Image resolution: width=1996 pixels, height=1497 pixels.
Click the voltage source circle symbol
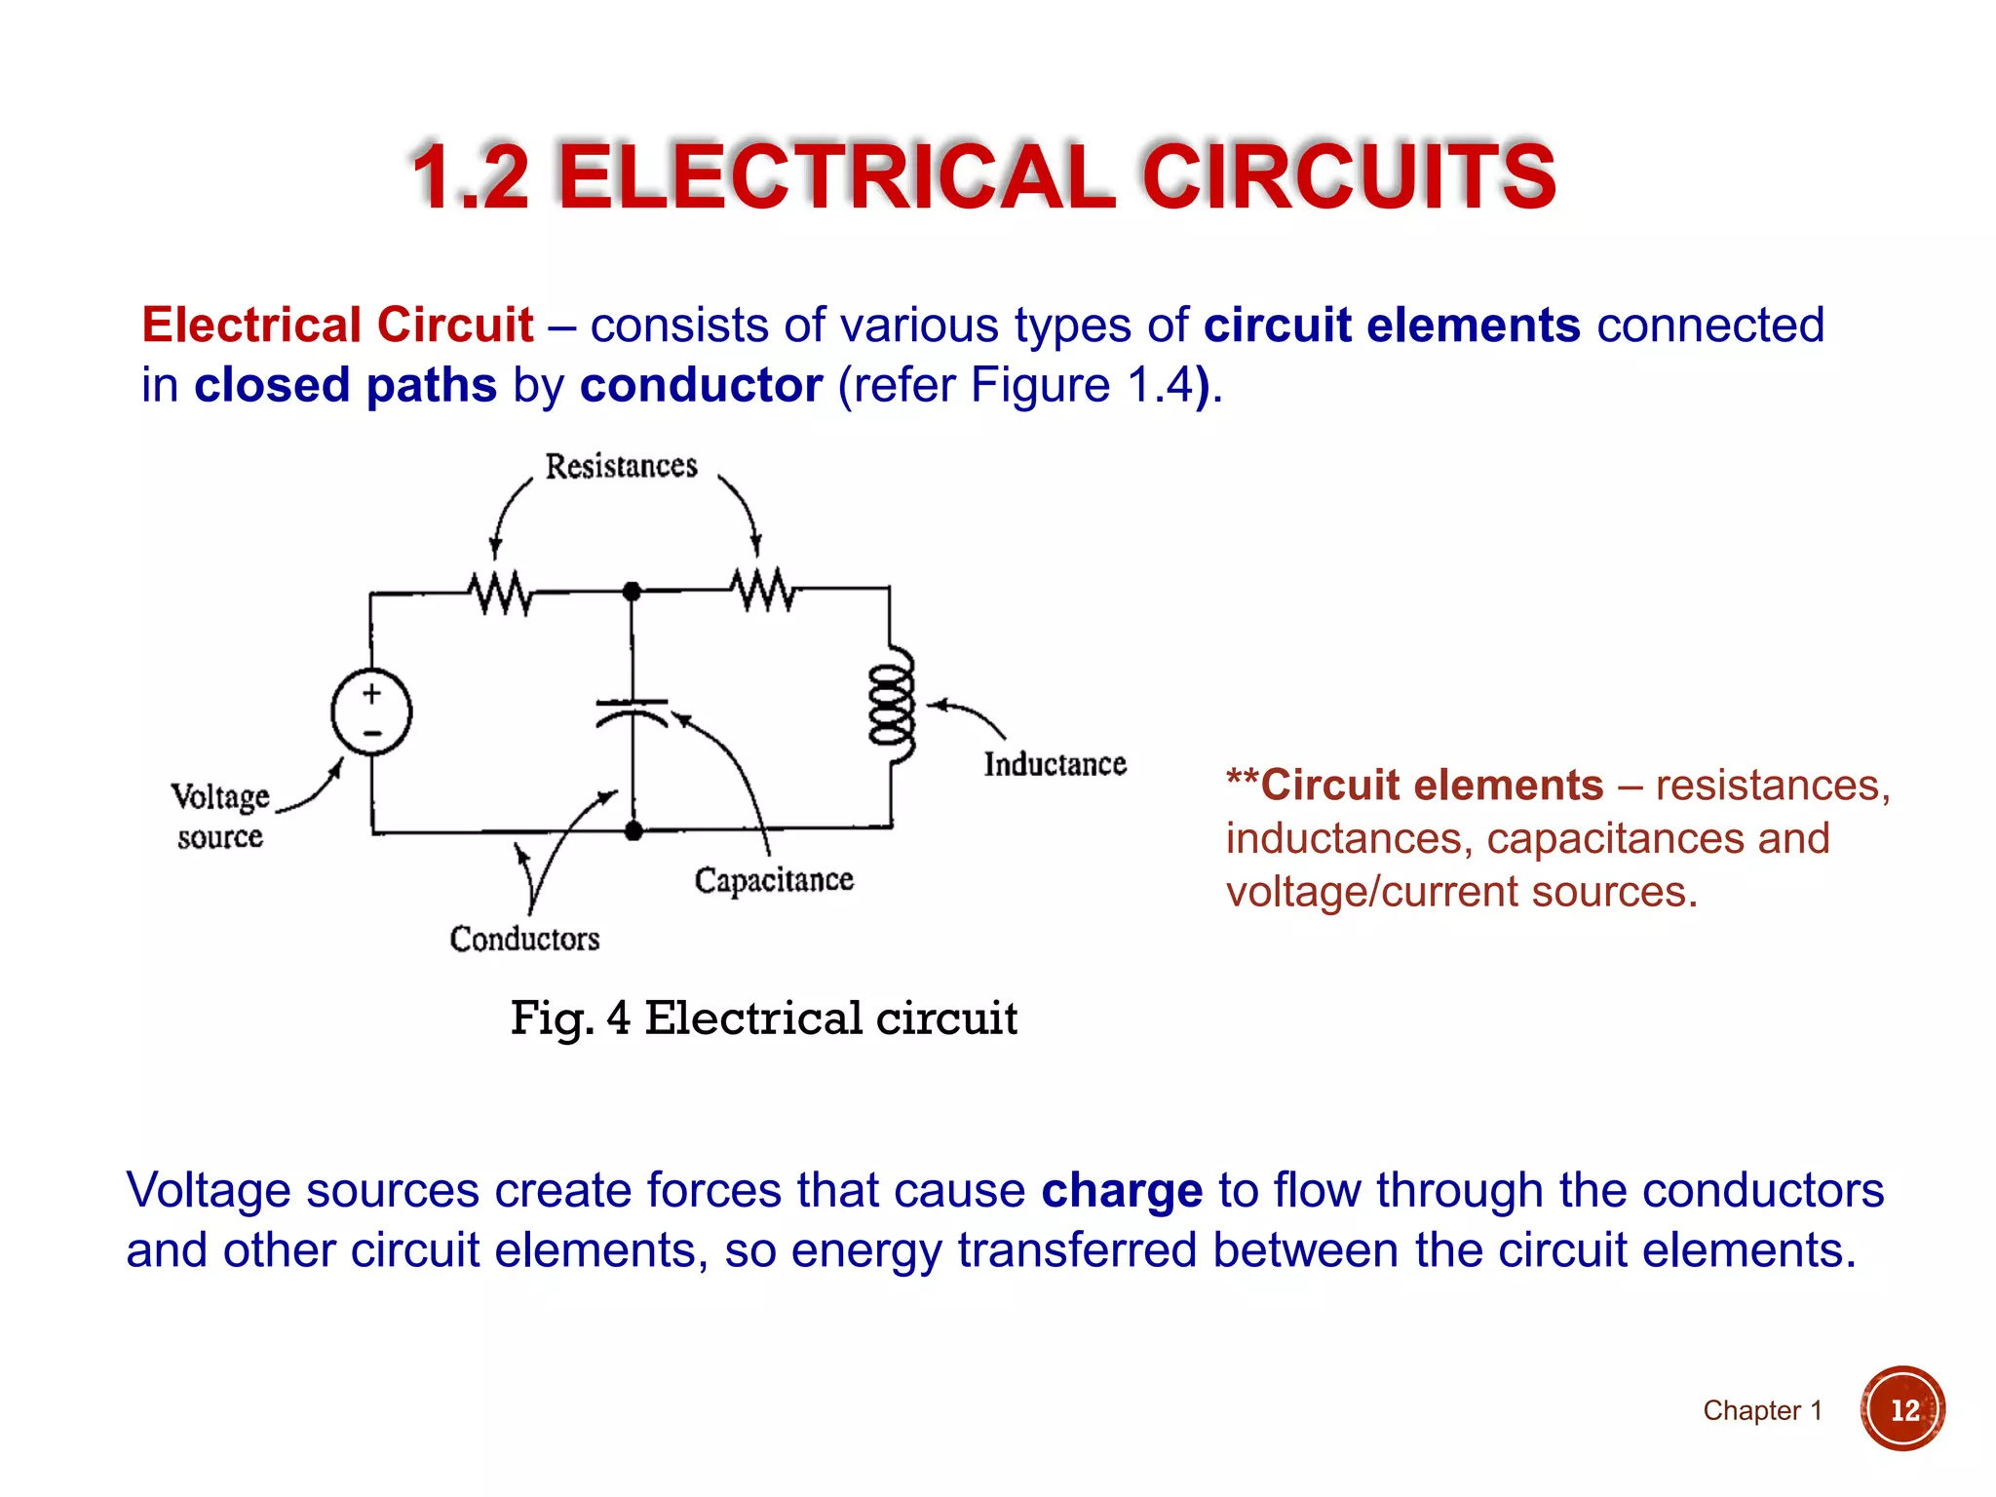click(371, 712)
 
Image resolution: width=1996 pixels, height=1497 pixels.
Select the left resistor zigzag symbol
click(500, 593)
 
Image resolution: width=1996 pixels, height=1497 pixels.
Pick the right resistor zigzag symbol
click(763, 591)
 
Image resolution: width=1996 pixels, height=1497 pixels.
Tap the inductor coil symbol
click(892, 705)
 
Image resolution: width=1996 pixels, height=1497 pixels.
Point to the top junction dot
click(632, 591)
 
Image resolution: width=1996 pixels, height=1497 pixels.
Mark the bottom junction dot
click(633, 830)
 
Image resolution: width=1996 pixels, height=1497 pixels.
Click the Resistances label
click(621, 466)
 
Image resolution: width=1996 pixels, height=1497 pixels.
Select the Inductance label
click(1055, 764)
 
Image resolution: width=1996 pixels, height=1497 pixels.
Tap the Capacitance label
click(774, 880)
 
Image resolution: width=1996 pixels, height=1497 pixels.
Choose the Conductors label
click(524, 939)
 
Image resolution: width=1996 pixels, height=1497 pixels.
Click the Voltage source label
click(220, 816)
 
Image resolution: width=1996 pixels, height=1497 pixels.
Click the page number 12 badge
click(1902, 1409)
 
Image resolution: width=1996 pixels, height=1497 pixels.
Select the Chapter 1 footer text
click(1762, 1410)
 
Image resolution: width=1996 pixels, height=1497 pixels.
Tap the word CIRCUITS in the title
click(1348, 177)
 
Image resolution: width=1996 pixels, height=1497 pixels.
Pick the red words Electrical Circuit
click(337, 325)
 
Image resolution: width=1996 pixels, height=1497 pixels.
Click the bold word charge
click(1122, 1191)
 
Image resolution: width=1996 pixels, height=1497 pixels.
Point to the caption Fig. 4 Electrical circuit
click(764, 1018)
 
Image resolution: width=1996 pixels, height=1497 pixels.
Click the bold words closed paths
click(345, 385)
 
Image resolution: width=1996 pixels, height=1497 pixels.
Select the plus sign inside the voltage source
click(371, 693)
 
